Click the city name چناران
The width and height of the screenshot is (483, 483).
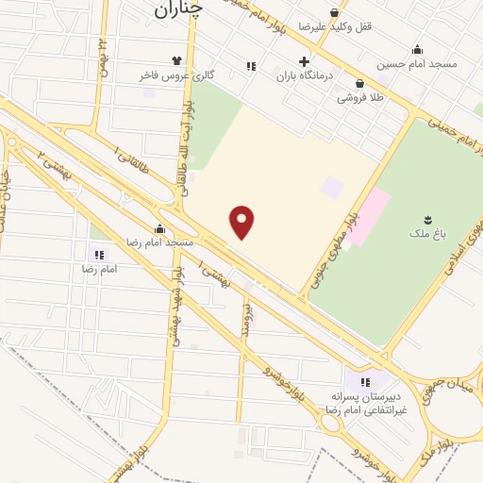[175, 9]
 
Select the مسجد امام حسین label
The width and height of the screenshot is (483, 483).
[417, 64]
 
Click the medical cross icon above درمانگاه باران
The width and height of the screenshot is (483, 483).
[304, 61]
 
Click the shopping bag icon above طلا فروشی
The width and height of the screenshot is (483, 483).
[359, 84]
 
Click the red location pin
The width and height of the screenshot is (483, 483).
[242, 222]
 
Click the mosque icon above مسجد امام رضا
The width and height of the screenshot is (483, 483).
[159, 228]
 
